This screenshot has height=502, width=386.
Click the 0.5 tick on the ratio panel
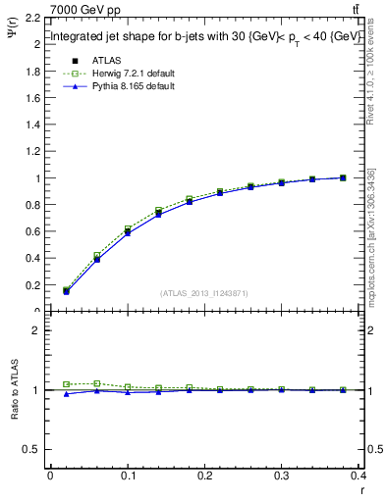[32, 449]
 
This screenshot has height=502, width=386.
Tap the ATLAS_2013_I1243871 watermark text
[203, 293]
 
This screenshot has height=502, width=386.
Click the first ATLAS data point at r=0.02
[66, 291]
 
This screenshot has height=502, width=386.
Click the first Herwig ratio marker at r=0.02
[66, 384]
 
